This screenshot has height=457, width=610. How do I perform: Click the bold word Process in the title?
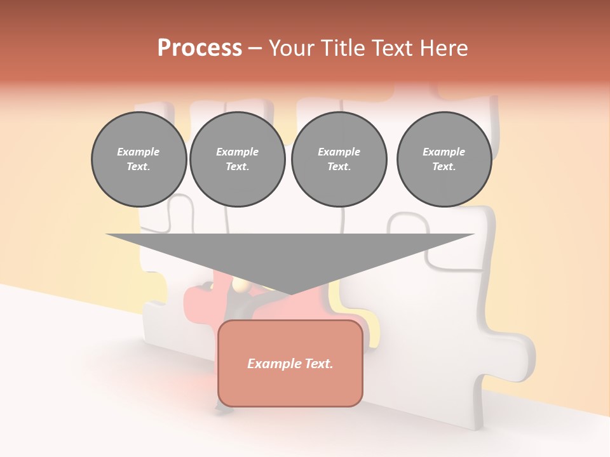pos(200,48)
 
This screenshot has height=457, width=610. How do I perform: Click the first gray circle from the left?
pos(139,159)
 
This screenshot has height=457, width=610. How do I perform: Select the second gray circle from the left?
pos(238,159)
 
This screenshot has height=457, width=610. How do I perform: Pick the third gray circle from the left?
pos(339,159)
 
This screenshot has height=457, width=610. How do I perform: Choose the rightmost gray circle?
pos(444,159)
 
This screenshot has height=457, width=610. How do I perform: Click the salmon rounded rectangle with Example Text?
pos(290,363)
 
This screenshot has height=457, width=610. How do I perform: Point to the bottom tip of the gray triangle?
pos(290,295)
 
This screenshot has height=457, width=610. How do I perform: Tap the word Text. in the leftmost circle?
pos(139,167)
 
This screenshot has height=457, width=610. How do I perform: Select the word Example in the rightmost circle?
pos(444,152)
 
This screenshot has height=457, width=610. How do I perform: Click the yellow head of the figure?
pos(240,286)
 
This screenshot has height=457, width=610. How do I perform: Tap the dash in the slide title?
pos(255,49)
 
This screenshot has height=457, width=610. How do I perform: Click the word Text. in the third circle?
pos(339,167)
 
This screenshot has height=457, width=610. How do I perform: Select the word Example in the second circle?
pos(238,152)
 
